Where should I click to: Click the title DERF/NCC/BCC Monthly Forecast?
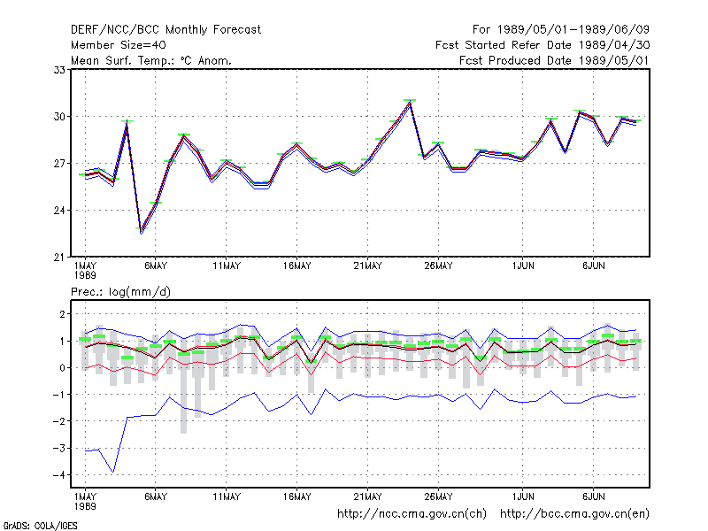165,30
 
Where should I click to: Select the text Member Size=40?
119,45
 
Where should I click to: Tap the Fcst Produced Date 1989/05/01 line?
554,60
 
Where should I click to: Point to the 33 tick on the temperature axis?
59,70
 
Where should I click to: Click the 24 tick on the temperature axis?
59,211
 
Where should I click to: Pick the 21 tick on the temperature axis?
59,258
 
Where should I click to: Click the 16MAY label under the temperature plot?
297,266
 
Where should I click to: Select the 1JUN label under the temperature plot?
523,266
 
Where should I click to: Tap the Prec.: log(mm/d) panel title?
120,292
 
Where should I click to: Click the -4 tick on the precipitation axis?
58,475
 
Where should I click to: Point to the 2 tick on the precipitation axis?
62,314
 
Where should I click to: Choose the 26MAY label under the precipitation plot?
438,496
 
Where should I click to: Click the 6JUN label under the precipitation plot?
593,496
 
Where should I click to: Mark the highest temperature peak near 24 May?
410,102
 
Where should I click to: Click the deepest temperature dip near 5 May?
142,231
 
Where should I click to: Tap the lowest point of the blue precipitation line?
113,473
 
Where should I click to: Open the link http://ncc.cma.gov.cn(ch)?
412,514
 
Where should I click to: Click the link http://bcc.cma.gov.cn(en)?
574,514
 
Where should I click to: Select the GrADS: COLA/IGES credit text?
40,526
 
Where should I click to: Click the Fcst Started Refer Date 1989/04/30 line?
543,45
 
